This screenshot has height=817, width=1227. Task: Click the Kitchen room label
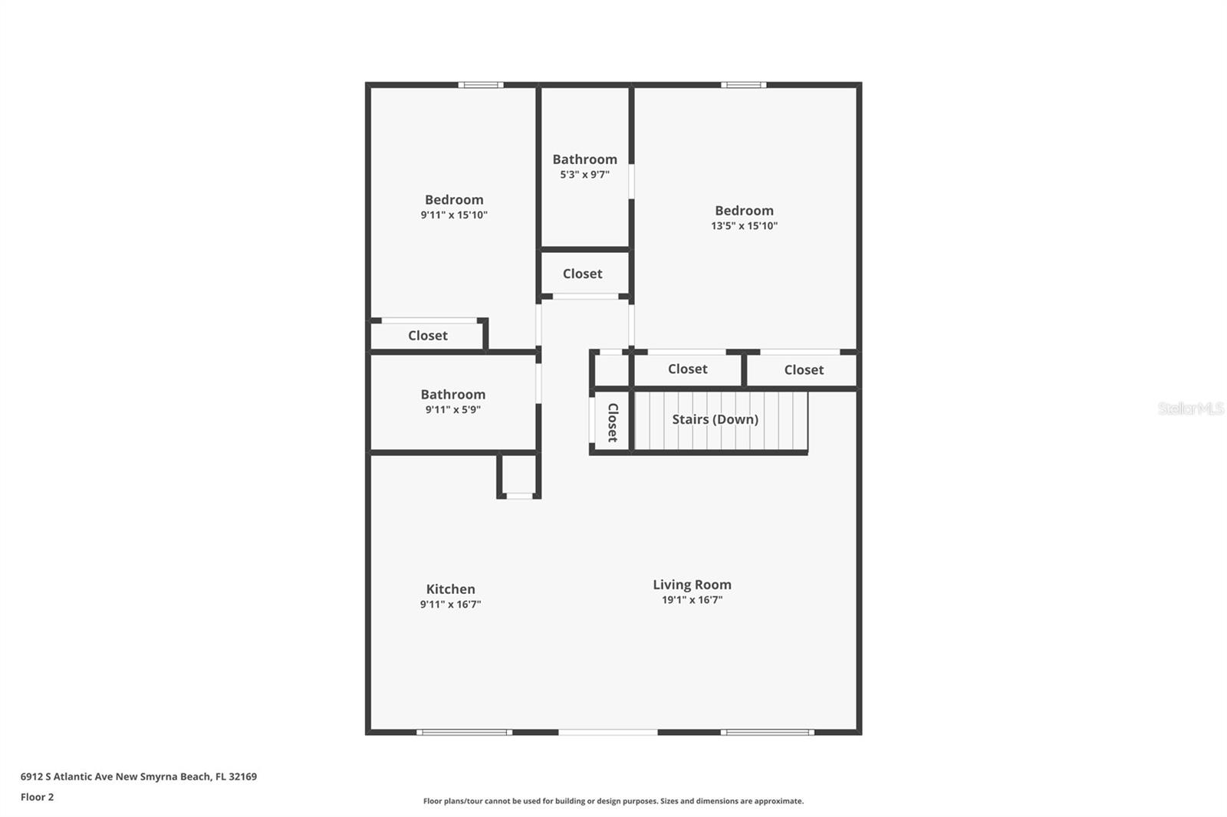pos(450,589)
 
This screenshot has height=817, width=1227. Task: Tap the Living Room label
pos(692,585)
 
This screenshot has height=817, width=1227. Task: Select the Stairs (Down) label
pos(715,419)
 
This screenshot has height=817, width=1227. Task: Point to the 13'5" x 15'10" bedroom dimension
pos(744,226)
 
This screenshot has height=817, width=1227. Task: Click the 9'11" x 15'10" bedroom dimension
pos(454,215)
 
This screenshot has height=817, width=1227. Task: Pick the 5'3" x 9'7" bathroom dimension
pos(584,175)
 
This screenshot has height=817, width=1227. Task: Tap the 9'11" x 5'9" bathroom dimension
pos(452,410)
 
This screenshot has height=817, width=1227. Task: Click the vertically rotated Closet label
pos(612,422)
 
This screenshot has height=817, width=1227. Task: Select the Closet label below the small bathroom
pos(582,274)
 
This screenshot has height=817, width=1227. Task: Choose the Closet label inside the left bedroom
pos(427,336)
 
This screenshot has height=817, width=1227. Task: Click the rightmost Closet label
pos(804,370)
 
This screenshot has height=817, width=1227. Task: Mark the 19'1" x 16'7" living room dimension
pos(692,600)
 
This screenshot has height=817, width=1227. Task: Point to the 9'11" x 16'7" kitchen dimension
pos(450,605)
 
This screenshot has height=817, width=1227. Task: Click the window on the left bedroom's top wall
pos(481,85)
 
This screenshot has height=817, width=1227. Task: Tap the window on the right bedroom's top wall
pos(743,85)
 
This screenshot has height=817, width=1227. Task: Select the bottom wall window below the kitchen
pos(464,733)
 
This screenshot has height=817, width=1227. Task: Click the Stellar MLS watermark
pos(1190,408)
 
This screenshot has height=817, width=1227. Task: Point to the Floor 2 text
pos(37,797)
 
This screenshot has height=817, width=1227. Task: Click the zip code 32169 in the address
pos(243,776)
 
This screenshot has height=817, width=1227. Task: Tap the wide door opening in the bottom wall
pos(607,733)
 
